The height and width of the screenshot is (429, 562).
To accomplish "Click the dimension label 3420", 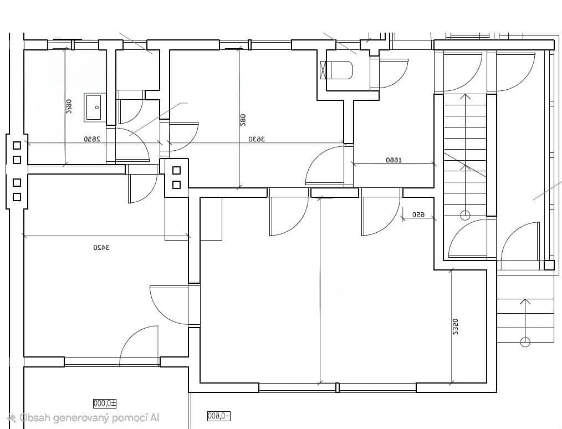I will pos(101,247).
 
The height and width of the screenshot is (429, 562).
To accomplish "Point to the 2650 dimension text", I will pos(92,139).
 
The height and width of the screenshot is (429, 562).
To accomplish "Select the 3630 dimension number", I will pos(257,139).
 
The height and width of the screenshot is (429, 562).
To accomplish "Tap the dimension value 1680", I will pos(393,160).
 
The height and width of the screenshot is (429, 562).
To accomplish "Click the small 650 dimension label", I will pos(418,214).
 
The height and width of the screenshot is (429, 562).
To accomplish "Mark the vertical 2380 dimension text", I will pos(69,107).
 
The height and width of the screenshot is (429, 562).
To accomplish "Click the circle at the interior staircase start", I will pos(465,214).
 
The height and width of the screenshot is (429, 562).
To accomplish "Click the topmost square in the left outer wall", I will pos(17,145).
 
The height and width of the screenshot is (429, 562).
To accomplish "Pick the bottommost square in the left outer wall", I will pos(17,196).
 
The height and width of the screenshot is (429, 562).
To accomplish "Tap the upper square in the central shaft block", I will pos(177,171).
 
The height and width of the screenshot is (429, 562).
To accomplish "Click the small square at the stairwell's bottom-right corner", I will pos(549,265).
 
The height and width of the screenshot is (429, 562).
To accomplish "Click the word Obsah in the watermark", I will pos(34,418).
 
